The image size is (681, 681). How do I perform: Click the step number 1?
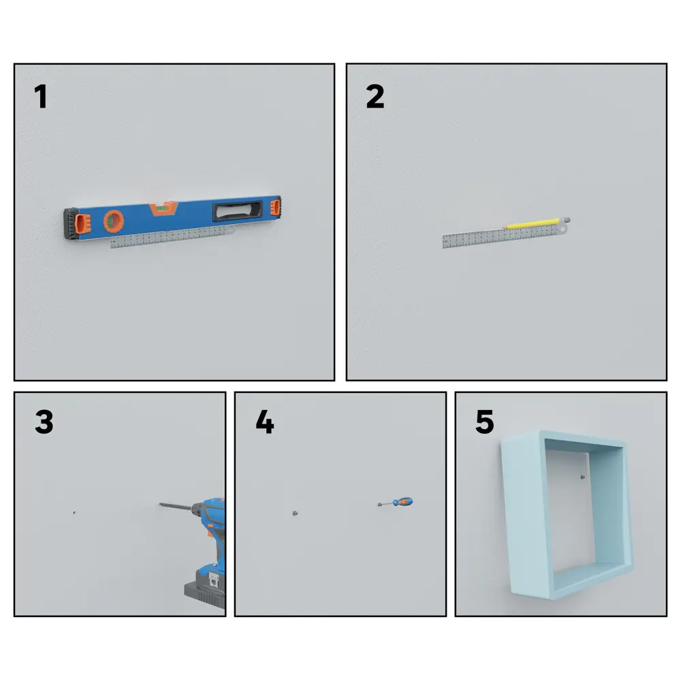click(x=41, y=97)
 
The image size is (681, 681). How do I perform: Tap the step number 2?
click(x=375, y=97)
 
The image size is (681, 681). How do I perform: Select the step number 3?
click(x=44, y=422)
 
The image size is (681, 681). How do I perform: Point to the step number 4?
click(x=265, y=422)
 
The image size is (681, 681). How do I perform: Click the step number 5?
click(x=485, y=422)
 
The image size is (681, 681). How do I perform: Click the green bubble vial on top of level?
click(x=163, y=208)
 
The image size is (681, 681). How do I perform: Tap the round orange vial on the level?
click(x=114, y=221)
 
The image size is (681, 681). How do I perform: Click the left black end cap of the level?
click(x=71, y=223)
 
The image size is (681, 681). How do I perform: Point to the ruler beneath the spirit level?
click(x=172, y=237)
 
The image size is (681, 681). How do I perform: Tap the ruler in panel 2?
click(x=505, y=236)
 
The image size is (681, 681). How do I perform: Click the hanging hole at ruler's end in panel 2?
click(x=563, y=228)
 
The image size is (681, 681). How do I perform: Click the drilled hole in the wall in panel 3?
click(x=74, y=513)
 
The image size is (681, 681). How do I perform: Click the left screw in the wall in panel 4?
click(x=295, y=513)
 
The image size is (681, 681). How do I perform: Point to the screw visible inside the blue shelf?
click(x=583, y=477)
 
